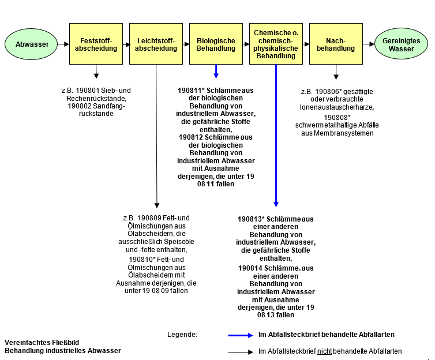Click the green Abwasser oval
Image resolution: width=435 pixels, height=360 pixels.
click(x=32, y=44)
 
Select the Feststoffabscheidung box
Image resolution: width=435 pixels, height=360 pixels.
click(x=96, y=44)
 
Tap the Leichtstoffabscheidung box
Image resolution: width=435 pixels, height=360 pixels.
click(x=156, y=44)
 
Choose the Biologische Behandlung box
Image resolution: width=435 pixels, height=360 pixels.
click(x=216, y=44)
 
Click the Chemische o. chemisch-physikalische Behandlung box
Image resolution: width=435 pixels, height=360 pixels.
click(x=276, y=44)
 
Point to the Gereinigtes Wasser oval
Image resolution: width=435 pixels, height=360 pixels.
click(x=401, y=44)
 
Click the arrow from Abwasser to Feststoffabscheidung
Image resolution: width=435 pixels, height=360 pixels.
click(x=63, y=44)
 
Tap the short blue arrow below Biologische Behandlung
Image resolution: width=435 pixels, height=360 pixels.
click(x=216, y=71)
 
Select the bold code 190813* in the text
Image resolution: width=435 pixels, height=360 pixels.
click(x=253, y=219)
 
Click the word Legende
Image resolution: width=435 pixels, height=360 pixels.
click(x=182, y=335)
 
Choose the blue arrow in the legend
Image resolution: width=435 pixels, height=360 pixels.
click(x=241, y=335)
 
